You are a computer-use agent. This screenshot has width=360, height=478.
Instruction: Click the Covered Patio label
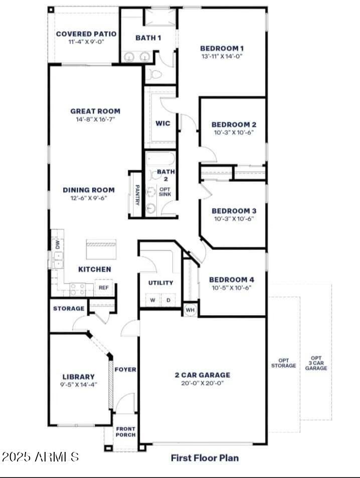pyautogui.click(x=86, y=34)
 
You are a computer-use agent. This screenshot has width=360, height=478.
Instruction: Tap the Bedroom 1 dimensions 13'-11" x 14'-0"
pyautogui.click(x=222, y=57)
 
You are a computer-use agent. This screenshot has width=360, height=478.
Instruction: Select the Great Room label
pyautogui.click(x=95, y=111)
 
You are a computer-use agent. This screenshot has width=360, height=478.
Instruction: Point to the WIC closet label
pyautogui.click(x=163, y=123)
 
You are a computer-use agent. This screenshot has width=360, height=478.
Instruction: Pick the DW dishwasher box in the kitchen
pyautogui.click(x=57, y=245)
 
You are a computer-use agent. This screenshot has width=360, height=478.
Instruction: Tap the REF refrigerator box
pyautogui.click(x=104, y=288)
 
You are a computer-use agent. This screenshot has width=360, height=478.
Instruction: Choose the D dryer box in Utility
pyautogui.click(x=168, y=300)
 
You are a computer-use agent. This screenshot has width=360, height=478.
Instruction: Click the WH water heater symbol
pyautogui.click(x=190, y=310)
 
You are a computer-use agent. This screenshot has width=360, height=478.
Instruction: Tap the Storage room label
pyautogui.click(x=69, y=309)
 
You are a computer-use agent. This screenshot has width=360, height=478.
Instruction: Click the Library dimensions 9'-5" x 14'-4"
pyautogui.click(x=79, y=385)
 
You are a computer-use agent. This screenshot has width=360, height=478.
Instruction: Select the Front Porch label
pyautogui.click(x=126, y=432)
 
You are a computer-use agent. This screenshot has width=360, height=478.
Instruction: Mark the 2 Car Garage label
pyautogui.click(x=203, y=375)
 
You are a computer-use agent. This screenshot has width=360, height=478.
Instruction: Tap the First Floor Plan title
pyautogui.click(x=205, y=457)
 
